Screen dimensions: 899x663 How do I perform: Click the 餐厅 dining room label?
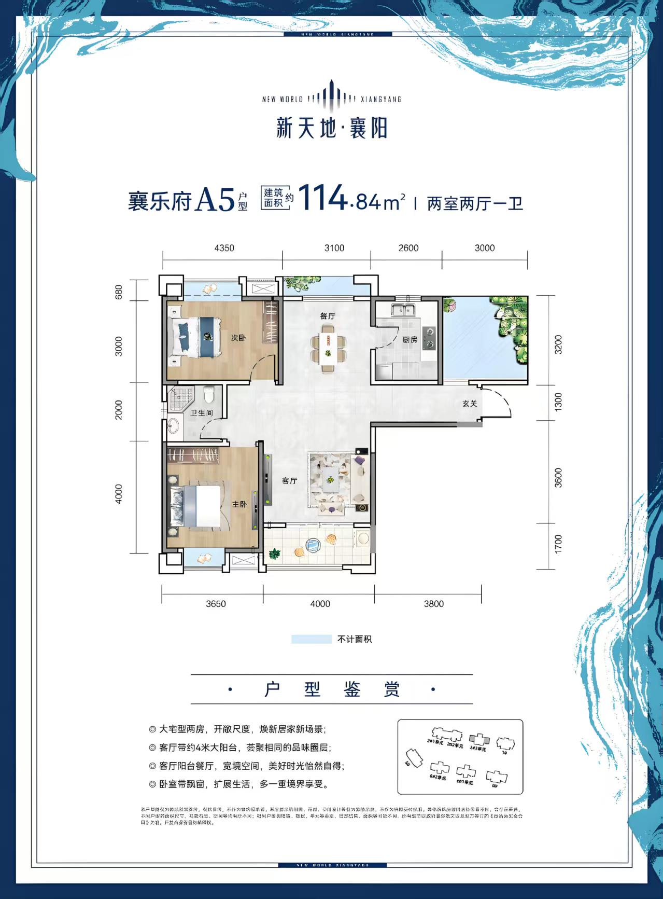coord(328,315)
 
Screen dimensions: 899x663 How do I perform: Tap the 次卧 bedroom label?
coord(238,338)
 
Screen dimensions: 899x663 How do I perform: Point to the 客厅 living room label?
coord(289,481)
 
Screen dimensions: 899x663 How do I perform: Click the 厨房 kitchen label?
coord(410,340)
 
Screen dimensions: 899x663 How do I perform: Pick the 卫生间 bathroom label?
coord(201,413)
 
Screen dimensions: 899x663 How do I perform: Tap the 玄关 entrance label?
coord(470,403)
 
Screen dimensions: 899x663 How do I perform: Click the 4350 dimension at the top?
coord(224,248)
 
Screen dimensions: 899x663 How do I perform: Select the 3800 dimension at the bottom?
coord(433,604)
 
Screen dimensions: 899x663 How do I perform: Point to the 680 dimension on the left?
coord(119,291)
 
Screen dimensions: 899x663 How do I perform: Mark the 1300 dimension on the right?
coord(558,402)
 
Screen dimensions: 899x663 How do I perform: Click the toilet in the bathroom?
coord(209,395)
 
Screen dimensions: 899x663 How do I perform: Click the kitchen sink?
coord(400,310)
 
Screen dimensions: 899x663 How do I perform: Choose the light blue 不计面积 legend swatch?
coord(311,639)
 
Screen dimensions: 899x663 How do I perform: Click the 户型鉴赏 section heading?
coord(332,689)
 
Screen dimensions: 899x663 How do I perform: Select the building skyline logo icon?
coord(331,96)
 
